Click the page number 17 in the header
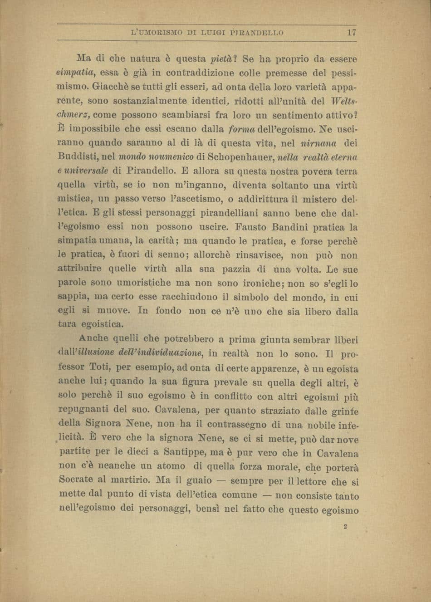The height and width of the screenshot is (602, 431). [351, 33]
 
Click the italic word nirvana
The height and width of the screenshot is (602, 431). [318, 143]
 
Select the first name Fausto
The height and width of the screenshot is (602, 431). [252, 227]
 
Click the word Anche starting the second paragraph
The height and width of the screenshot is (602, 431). [93, 338]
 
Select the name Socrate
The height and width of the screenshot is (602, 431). [76, 480]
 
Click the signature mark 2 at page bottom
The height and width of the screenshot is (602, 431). [345, 527]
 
